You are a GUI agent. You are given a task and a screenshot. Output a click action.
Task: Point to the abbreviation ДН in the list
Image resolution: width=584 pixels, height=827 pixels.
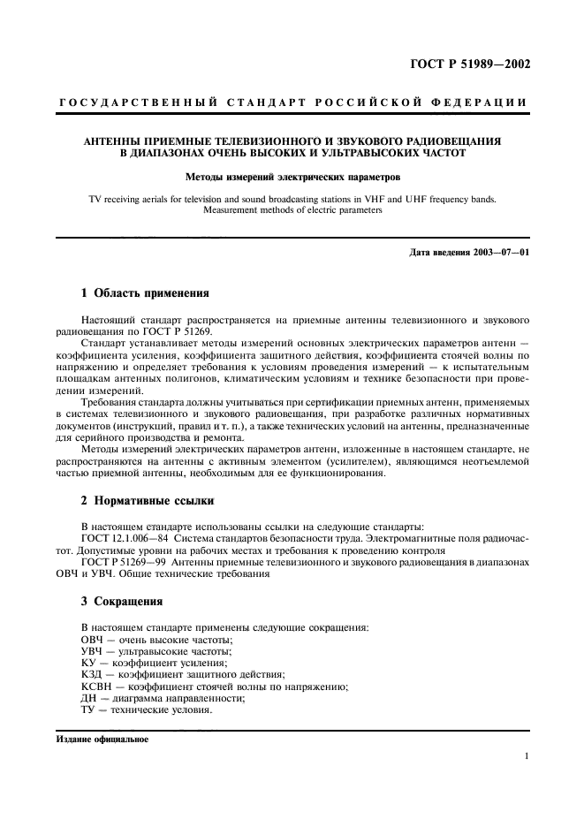click(x=89, y=698)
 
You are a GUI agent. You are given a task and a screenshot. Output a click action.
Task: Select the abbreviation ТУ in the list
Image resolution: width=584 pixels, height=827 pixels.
click(x=89, y=710)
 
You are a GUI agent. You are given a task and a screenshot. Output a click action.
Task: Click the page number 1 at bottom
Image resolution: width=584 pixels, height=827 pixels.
click(x=526, y=756)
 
